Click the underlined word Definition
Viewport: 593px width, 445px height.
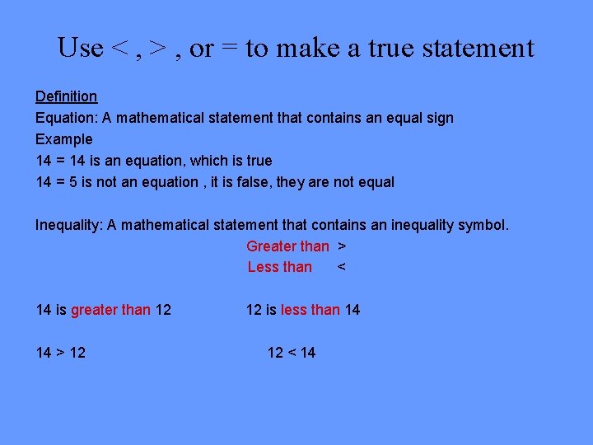[66, 96]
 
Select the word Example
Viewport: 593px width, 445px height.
[63, 139]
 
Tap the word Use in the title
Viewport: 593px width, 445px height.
[80, 48]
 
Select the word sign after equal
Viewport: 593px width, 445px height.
[438, 118]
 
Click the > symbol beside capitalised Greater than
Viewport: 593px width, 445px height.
[342, 246]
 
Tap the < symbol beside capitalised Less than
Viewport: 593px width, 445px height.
[342, 267]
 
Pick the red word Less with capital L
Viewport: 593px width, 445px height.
[263, 267]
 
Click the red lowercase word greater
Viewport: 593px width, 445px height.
[94, 310]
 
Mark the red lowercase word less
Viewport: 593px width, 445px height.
[293, 310]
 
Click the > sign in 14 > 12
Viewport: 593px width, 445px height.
[61, 353]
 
